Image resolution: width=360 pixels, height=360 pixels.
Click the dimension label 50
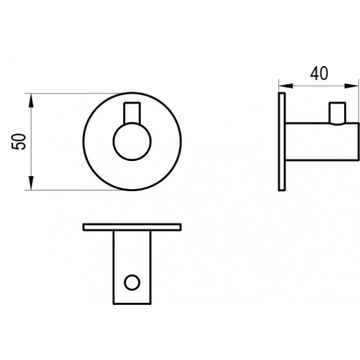pyautogui.click(x=18, y=141)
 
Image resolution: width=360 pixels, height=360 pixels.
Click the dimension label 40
pyautogui.click(x=319, y=73)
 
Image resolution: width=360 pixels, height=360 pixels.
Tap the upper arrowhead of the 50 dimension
pyautogui.click(x=31, y=101)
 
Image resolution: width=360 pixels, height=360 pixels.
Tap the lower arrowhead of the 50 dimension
pyautogui.click(x=31, y=183)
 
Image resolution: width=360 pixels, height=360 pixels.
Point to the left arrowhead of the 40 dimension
pyautogui.click(x=286, y=86)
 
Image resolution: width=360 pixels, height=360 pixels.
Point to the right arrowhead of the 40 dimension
pyautogui.click(x=351, y=86)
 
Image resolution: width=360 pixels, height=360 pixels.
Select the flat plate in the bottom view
pyautogui.click(x=132, y=227)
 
